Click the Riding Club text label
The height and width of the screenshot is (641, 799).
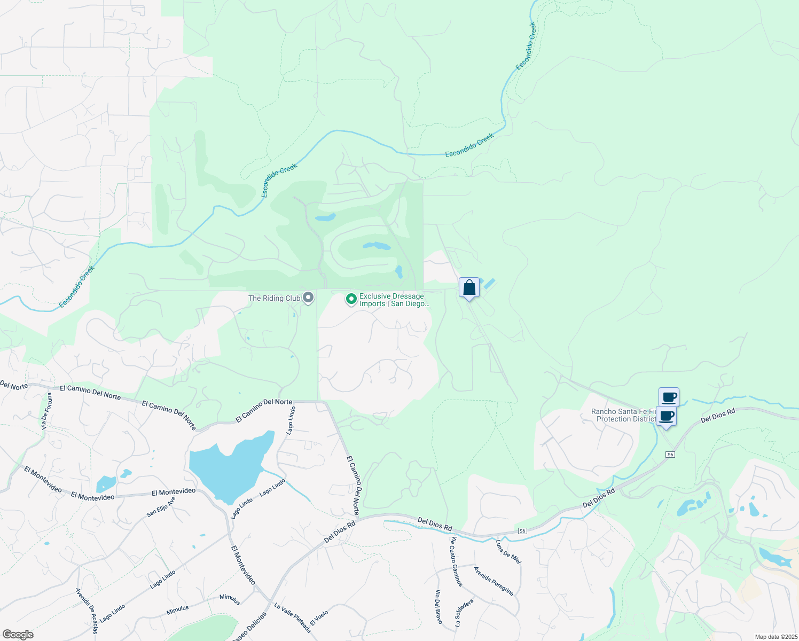pyautogui.click(x=274, y=298)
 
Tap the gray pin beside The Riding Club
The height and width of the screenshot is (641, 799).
pyautogui.click(x=308, y=298)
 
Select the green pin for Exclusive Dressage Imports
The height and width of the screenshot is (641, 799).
pyautogui.click(x=351, y=300)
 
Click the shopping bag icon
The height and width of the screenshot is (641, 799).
pyautogui.click(x=469, y=288)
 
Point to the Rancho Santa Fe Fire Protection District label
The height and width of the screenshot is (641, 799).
pyautogui.click(x=623, y=415)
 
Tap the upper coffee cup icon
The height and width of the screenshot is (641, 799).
pyautogui.click(x=669, y=397)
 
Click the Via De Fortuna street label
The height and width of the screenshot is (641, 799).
pyautogui.click(x=47, y=411)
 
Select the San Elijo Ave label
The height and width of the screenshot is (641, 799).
pyautogui.click(x=161, y=507)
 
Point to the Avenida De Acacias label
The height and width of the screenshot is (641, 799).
pyautogui.click(x=87, y=611)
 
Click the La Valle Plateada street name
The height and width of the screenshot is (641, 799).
pyautogui.click(x=293, y=617)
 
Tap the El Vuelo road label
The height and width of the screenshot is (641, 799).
pyautogui.click(x=319, y=618)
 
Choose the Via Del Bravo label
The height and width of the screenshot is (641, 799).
pyautogui.click(x=438, y=607)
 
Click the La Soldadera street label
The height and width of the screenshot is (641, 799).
pyautogui.click(x=464, y=612)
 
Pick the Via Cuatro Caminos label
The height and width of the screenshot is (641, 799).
pyautogui.click(x=456, y=562)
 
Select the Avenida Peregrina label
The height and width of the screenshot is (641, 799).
pyautogui.click(x=494, y=581)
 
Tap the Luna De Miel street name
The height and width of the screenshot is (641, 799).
pyautogui.click(x=508, y=552)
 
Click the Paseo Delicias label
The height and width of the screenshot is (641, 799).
pyautogui.click(x=249, y=626)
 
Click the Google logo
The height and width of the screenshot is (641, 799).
pyautogui.click(x=18, y=635)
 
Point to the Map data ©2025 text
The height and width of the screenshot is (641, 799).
pyautogui.click(x=775, y=637)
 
